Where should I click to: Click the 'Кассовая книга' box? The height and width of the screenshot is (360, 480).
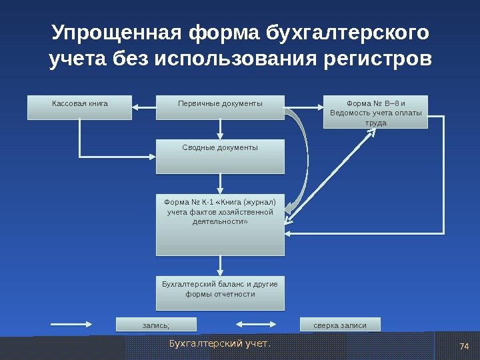[x=79, y=107]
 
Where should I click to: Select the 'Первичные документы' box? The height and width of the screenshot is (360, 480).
[x=220, y=107]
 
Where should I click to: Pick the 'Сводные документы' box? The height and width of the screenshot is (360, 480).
[x=220, y=155]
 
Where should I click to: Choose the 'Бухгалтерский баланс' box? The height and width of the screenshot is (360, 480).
[x=220, y=293]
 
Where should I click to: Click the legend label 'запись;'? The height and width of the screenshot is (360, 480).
[x=156, y=325]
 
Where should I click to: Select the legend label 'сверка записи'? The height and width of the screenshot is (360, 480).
[x=340, y=325]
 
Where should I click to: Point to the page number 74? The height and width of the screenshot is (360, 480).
[x=465, y=345]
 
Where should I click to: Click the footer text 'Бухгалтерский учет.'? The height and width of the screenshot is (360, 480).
[x=221, y=344]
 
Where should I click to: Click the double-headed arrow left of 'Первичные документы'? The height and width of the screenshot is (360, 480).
[x=144, y=105]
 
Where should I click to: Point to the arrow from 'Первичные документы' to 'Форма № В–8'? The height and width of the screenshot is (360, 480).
[x=304, y=105]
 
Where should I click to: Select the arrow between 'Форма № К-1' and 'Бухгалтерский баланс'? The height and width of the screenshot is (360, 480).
[x=220, y=265]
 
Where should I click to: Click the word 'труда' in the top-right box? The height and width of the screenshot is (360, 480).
[x=376, y=123]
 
